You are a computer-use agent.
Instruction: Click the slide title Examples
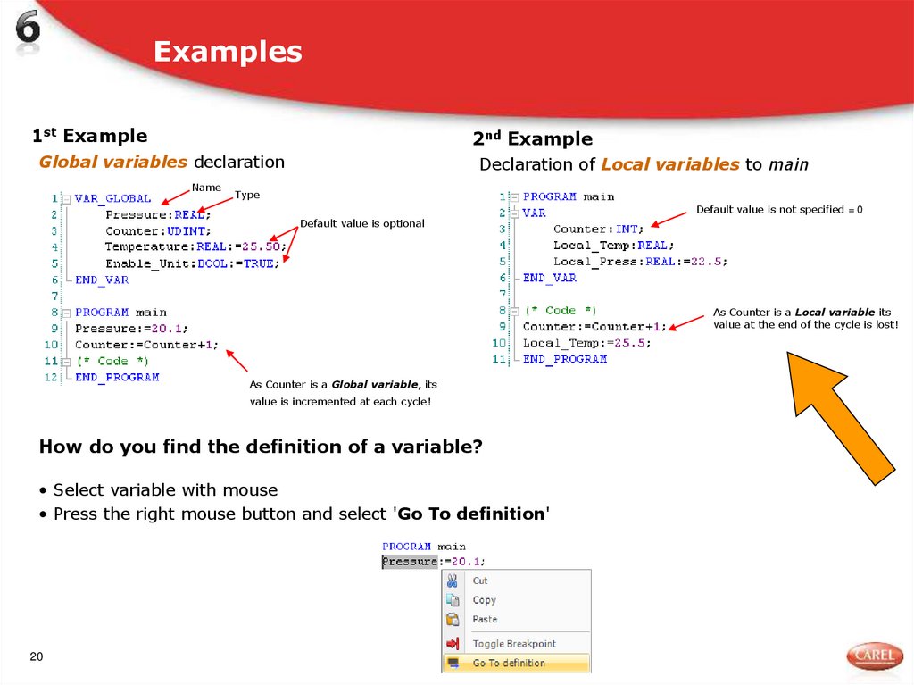coord(228,52)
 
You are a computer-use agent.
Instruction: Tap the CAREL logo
coord(874,656)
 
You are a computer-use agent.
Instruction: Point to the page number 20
coord(37,657)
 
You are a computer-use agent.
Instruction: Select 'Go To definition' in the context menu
coord(509,664)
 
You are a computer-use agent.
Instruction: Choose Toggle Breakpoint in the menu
coord(514,644)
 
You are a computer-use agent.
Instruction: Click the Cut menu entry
coord(480,581)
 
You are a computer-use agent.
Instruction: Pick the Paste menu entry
coord(485,619)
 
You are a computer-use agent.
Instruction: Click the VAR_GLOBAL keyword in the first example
coord(113,198)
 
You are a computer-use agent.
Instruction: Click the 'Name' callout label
coord(206,188)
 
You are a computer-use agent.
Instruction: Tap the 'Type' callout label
coord(247,195)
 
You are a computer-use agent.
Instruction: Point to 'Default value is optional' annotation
coord(361,223)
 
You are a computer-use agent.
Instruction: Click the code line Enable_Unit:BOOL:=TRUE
coord(189,263)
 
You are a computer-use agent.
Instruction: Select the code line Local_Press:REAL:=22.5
coord(640,262)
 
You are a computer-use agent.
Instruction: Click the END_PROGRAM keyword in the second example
coord(564,359)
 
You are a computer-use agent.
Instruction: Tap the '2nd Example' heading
coord(532,138)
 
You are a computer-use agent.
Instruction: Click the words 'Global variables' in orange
coord(112,162)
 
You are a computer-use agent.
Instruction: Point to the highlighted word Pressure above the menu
coord(410,562)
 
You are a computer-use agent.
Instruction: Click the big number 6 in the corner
coord(28,29)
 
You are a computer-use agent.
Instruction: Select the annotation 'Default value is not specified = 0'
coord(779,209)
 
